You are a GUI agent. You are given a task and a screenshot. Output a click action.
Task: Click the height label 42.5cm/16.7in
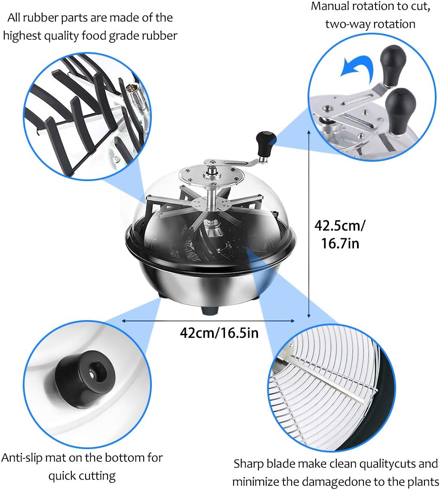click(340, 234)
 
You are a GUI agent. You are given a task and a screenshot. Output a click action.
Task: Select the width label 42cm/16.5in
click(219, 333)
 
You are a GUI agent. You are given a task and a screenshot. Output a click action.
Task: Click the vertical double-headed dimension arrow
click(309, 225)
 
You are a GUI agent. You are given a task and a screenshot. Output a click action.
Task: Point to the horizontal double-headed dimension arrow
click(208, 321)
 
